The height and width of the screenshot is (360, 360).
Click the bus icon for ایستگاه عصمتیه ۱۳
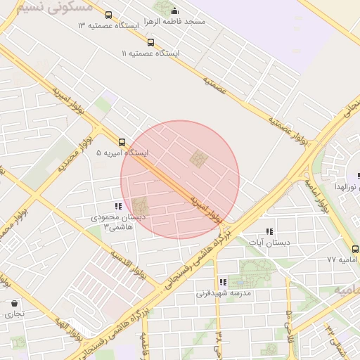(108, 15)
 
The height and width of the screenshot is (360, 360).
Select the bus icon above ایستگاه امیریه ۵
(122, 141)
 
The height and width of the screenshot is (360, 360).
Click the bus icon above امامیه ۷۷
(354, 248)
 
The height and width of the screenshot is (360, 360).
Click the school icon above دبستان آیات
(269, 231)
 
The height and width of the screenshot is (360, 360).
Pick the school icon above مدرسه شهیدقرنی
(222, 282)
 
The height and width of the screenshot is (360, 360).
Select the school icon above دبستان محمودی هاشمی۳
(118, 206)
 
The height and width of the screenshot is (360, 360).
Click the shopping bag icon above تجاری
(15, 303)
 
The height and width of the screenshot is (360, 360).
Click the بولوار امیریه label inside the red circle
(209, 210)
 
